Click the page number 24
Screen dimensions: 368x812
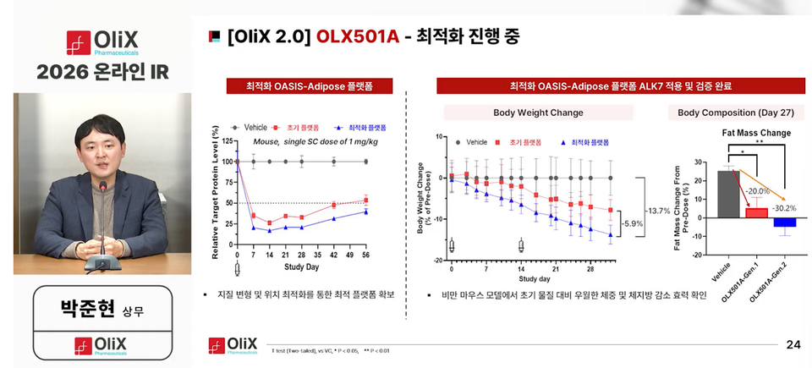(793, 344)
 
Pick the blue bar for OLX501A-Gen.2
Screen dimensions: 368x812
(784, 222)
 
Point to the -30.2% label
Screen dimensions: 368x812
(784, 207)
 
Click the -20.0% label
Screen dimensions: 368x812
(757, 191)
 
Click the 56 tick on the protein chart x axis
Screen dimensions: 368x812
(366, 255)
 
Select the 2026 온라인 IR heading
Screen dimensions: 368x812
(101, 72)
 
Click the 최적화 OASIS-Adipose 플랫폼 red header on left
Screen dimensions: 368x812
(309, 86)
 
